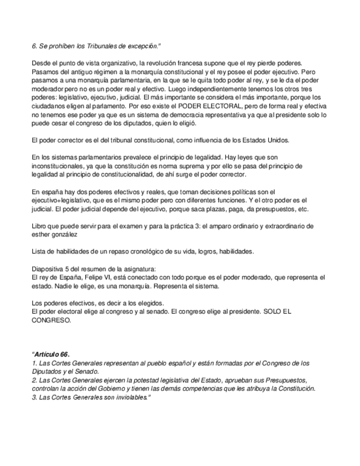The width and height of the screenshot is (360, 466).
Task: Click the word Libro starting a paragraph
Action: click(39, 226)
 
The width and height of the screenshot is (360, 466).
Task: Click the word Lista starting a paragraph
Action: click(38, 251)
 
